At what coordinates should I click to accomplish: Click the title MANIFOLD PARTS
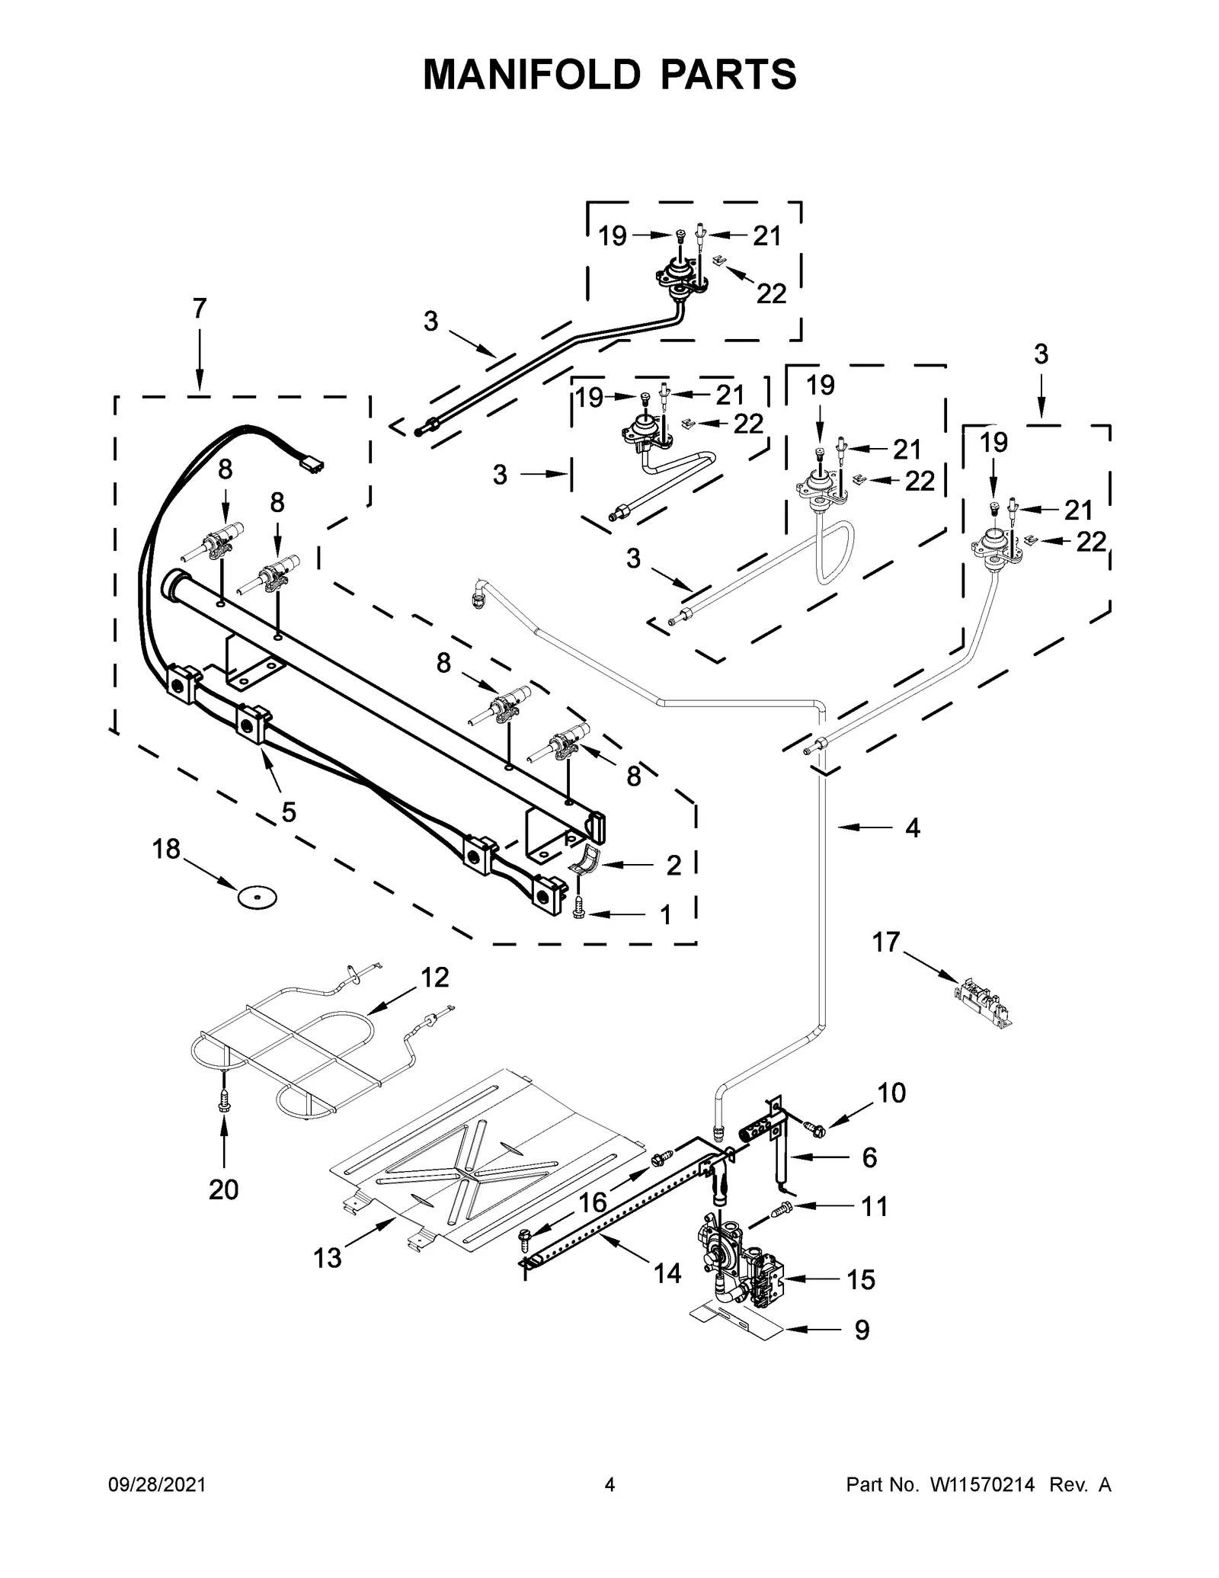tap(609, 75)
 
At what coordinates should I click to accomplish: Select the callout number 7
tap(199, 309)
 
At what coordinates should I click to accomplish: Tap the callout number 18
tap(166, 848)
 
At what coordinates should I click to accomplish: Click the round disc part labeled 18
tap(256, 898)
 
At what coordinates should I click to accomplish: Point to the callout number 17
tap(886, 943)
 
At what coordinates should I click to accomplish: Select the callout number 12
tap(435, 977)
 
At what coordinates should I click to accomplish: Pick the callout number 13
tap(328, 1258)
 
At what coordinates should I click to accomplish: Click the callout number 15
tap(861, 1280)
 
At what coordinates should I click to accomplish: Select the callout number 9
tap(862, 1330)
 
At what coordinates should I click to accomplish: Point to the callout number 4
tap(913, 827)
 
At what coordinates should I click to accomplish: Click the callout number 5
tap(289, 812)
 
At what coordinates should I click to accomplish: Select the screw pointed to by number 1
tap(580, 907)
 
